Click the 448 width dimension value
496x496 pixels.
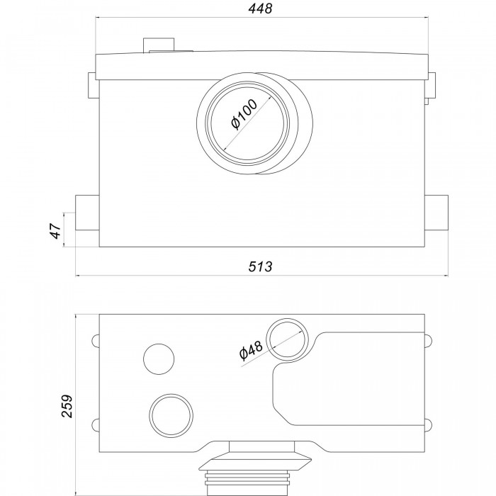pyautogui.click(x=260, y=9)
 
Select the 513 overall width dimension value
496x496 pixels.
pyautogui.click(x=260, y=266)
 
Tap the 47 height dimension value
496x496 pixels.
pyautogui.click(x=55, y=230)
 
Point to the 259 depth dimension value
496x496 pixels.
pyautogui.click(x=67, y=406)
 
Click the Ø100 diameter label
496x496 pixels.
pyautogui.click(x=244, y=114)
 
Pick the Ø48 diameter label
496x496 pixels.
pyautogui.click(x=251, y=350)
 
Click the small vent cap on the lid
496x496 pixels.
pyautogui.click(x=159, y=45)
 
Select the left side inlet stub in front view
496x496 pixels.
pyautogui.click(x=87, y=213)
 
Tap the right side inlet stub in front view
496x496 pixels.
pyautogui.click(x=436, y=213)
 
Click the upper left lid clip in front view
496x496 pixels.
pyautogui.click(x=92, y=85)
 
